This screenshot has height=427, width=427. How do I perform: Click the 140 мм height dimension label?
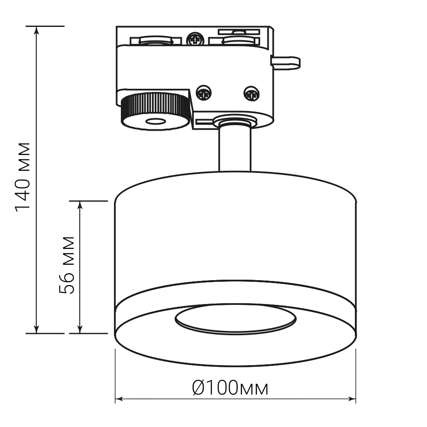point(23,177)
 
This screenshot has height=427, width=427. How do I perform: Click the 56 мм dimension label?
point(67,265)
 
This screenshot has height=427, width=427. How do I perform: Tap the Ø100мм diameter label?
point(230,388)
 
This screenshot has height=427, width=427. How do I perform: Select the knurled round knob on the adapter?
point(155,111)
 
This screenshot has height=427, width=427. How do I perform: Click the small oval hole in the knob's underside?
point(156,121)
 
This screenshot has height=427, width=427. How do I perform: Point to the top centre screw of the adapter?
point(195,39)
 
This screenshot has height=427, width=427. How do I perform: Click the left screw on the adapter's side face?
point(204,92)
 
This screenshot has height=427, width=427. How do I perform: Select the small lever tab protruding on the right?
point(285,62)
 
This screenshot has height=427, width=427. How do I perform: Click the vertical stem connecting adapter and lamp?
point(235,149)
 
